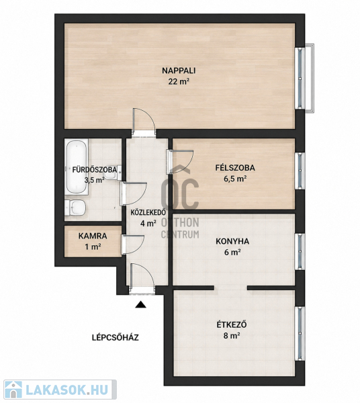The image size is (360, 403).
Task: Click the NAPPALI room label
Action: [179, 71]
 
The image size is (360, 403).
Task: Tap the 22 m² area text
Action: [179, 82]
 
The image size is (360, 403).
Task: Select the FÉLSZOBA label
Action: [235, 167]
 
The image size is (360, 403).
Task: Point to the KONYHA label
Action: [232, 241]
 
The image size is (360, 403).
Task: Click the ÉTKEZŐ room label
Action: [232, 324]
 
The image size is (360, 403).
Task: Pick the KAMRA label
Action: [93, 236]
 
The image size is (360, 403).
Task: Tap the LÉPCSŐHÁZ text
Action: [116, 337]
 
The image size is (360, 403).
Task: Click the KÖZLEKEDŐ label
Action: [148, 212]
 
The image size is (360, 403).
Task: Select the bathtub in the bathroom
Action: [77, 167]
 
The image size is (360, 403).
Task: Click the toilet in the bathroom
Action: [75, 208]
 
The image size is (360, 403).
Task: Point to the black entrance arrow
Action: [141, 304]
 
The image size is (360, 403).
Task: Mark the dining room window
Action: [300, 333]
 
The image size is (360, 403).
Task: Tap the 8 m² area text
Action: [232, 336]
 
